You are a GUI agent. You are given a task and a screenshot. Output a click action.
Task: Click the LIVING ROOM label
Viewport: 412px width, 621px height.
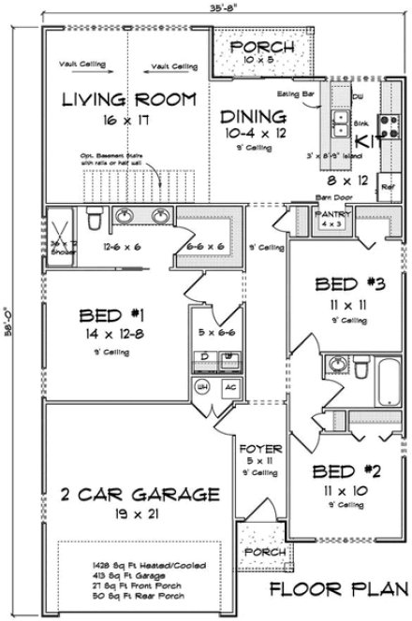tap(128, 99)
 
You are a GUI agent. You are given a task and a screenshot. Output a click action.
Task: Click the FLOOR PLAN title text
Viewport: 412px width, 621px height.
tap(334, 589)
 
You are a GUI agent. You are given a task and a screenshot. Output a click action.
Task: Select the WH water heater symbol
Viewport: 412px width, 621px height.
tap(200, 386)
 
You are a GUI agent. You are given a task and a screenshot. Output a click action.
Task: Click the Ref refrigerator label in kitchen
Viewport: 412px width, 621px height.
tap(388, 184)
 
